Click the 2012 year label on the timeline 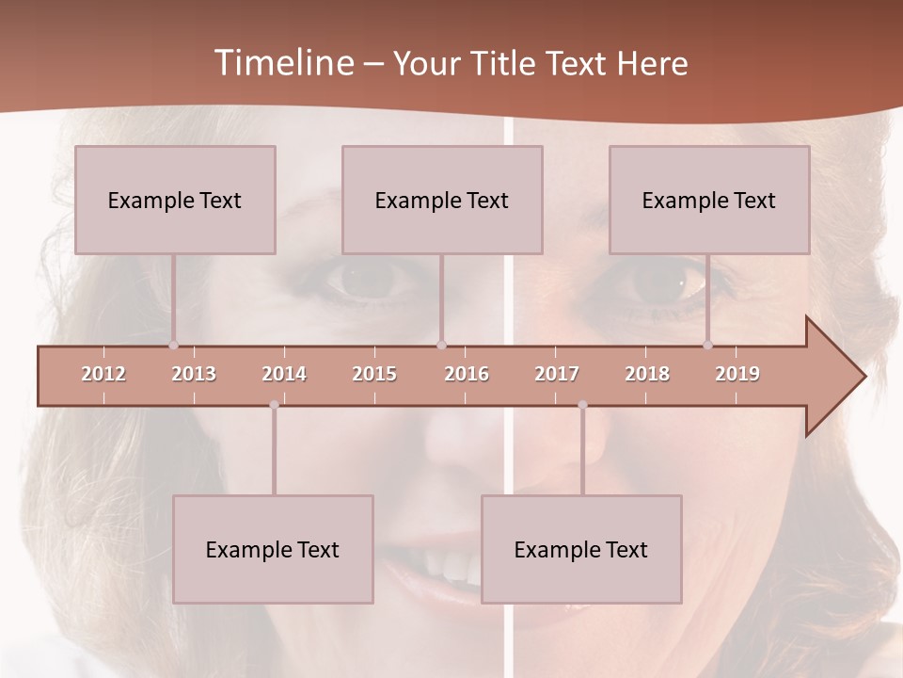pos(103,374)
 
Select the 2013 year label pos(194,374)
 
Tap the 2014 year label pos(284,374)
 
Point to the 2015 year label pos(374,374)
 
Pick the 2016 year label pos(467,374)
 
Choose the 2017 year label pos(557,374)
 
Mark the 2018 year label pos(647,374)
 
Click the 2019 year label pos(737,374)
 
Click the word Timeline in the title pos(283,63)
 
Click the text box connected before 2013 pos(175,200)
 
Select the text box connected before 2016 pos(442,200)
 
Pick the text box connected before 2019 pos(709,200)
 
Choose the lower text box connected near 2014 pos(273,549)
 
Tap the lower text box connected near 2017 pos(581,549)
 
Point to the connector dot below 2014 pos(274,405)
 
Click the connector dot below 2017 pos(582,405)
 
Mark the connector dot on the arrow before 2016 pos(441,346)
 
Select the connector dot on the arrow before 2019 pos(708,346)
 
